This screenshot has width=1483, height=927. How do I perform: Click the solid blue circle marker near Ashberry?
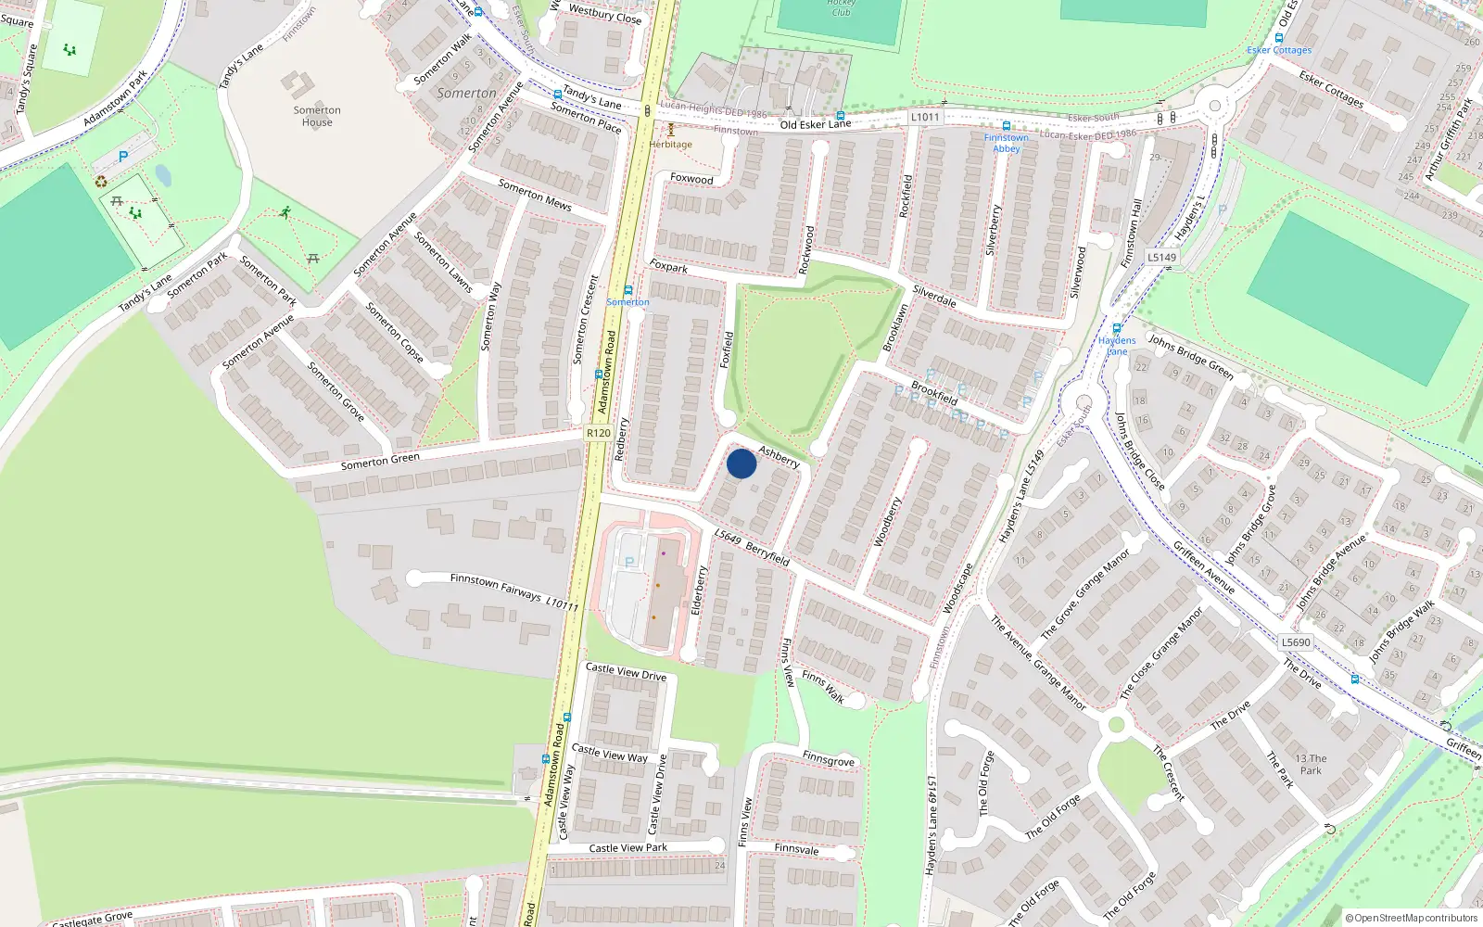pyautogui.click(x=741, y=463)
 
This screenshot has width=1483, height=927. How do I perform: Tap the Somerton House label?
pyautogui.click(x=317, y=116)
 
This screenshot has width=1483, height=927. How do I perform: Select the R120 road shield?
pyautogui.click(x=599, y=433)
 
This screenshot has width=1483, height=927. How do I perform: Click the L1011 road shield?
pyautogui.click(x=925, y=117)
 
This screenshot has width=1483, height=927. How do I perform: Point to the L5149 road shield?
pyautogui.click(x=1161, y=258)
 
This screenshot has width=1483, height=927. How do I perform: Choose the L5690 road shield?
pyautogui.click(x=1296, y=641)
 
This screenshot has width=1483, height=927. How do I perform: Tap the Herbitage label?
pyautogui.click(x=670, y=145)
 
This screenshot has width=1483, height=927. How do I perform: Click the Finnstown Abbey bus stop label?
pyautogui.click(x=1007, y=143)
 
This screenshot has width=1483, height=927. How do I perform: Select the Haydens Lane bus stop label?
pyautogui.click(x=1117, y=346)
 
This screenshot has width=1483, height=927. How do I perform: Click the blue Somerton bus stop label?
pyautogui.click(x=627, y=302)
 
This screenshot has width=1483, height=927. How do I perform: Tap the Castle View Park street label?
pyautogui.click(x=628, y=848)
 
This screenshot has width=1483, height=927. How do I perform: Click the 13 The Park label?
pyautogui.click(x=1311, y=765)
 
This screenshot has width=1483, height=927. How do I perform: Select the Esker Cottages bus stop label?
pyautogui.click(x=1279, y=50)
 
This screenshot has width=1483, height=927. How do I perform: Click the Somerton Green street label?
pyautogui.click(x=380, y=461)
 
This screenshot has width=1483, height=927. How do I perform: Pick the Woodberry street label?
pyautogui.click(x=887, y=522)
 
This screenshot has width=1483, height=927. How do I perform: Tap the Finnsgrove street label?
pyautogui.click(x=829, y=759)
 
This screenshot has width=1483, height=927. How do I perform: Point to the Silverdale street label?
pyautogui.click(x=934, y=296)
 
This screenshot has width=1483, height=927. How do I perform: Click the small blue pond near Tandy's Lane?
pyautogui.click(x=163, y=175)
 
